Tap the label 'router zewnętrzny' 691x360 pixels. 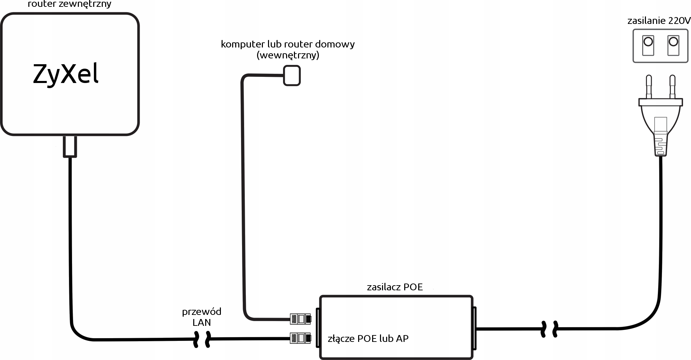[x=69, y=4]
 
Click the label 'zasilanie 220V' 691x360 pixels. [x=659, y=21]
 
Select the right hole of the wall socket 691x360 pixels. [x=673, y=42]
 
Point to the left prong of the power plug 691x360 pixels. [x=648, y=87]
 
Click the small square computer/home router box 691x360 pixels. [x=292, y=75]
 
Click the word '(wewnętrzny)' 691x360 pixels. [x=288, y=55]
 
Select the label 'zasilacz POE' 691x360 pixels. [x=395, y=287]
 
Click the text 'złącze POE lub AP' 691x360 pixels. [x=368, y=338]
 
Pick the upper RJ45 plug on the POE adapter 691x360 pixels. [x=300, y=319]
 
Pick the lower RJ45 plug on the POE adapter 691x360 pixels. [x=300, y=338]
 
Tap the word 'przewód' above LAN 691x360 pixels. [x=201, y=311]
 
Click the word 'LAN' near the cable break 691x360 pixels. [x=201, y=322]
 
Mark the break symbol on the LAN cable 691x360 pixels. [x=202, y=339]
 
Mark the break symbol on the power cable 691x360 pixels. [x=550, y=329]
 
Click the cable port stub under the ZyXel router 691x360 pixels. [x=70, y=147]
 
